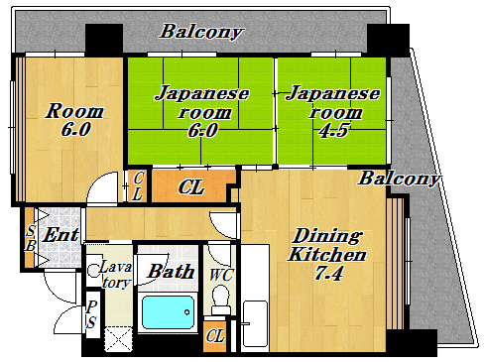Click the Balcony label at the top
point(201,32)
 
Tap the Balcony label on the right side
point(400,179)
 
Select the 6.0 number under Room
point(75,129)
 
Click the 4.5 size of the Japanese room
point(333,131)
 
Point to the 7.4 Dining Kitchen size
point(328,274)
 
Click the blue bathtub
point(169,312)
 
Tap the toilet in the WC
point(220,300)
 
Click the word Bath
point(171,272)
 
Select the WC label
point(221,275)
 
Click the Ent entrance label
point(61,235)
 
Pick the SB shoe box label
point(31,239)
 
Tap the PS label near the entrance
point(91,314)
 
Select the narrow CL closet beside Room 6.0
point(137,186)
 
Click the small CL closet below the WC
point(215,336)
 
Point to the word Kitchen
point(327,255)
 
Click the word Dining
point(327,236)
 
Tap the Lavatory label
point(115,275)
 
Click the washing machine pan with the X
point(119,339)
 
